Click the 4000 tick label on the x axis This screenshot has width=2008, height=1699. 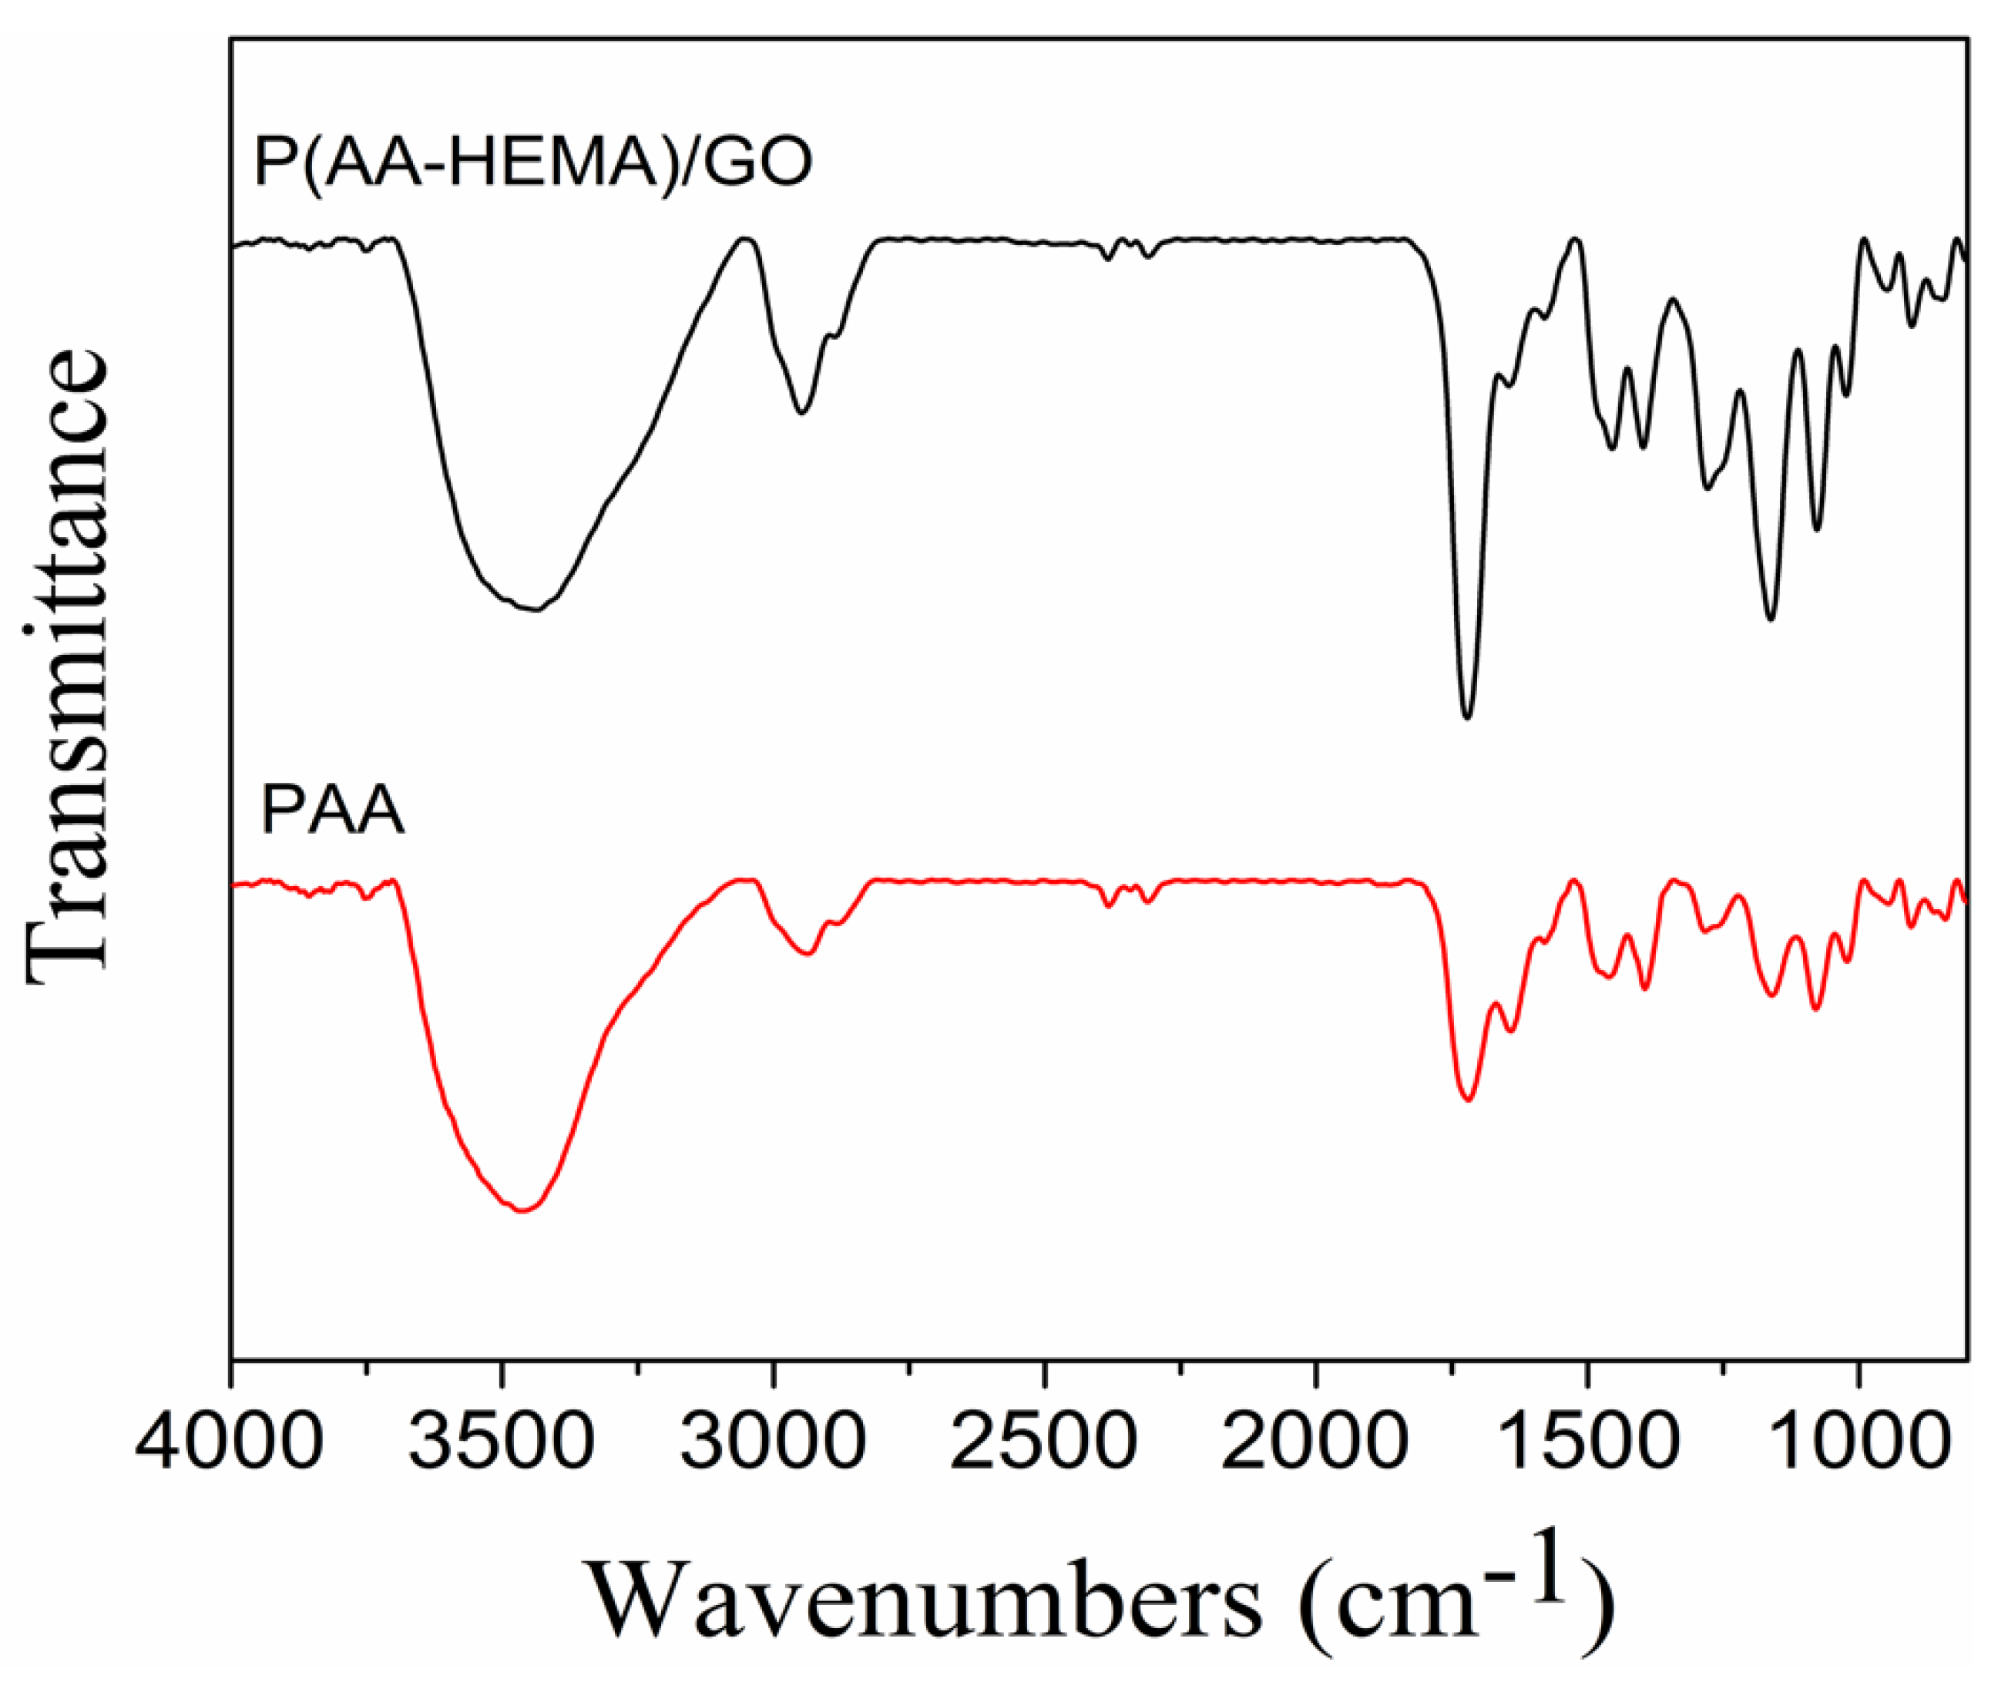[x=229, y=1440]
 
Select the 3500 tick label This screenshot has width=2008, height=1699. [x=501, y=1440]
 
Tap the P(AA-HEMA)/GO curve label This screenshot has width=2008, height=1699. [x=532, y=163]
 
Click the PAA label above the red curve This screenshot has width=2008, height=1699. [x=332, y=812]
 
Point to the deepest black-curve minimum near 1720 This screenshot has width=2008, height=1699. [x=1467, y=717]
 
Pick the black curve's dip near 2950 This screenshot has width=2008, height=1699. [x=801, y=412]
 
